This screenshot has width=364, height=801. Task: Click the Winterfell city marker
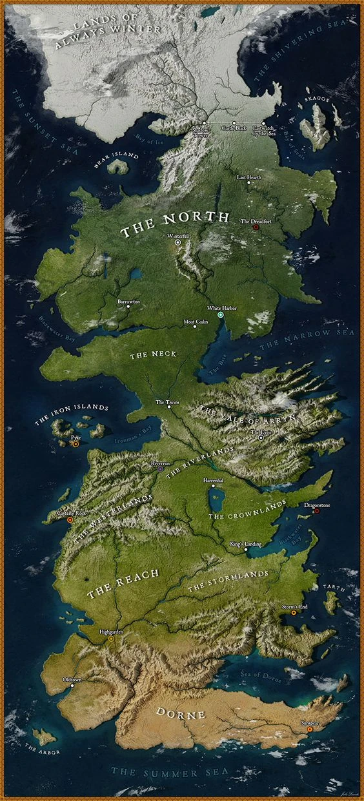177,243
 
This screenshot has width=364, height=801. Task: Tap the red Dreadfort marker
256,227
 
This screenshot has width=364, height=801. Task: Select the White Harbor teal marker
221,315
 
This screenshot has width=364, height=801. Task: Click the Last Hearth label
249,177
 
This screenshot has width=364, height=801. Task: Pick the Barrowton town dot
128,307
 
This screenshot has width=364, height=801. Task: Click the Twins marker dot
170,409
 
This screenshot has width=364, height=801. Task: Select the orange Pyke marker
76,444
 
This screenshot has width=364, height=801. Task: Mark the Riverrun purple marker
161,469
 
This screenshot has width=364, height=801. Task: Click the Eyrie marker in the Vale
261,438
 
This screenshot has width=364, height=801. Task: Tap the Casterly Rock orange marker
70,519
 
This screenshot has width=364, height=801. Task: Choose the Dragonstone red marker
316,512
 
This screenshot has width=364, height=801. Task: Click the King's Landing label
246,545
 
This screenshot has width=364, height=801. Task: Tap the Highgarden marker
111,639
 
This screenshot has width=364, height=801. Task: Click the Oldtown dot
72,686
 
